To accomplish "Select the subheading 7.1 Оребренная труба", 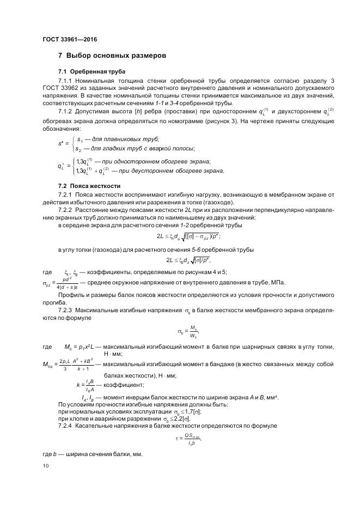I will point(91,72).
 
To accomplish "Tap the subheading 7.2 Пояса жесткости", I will point(89,186).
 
